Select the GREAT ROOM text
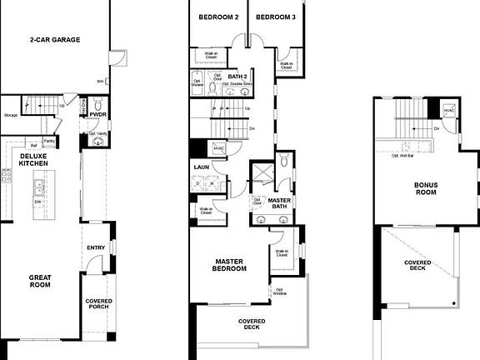tap(39, 281)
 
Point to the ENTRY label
tap(96, 247)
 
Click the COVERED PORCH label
tap(98, 305)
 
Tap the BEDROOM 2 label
tap(219, 17)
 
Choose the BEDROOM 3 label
tap(275, 17)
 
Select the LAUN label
tap(200, 167)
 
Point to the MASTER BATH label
tap(279, 204)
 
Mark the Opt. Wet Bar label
tap(404, 155)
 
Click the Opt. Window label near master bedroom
tap(279, 292)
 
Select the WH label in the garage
tap(100, 82)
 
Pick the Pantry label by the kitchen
tap(49, 142)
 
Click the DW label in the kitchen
tap(37, 201)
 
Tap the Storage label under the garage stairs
tap(10, 115)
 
